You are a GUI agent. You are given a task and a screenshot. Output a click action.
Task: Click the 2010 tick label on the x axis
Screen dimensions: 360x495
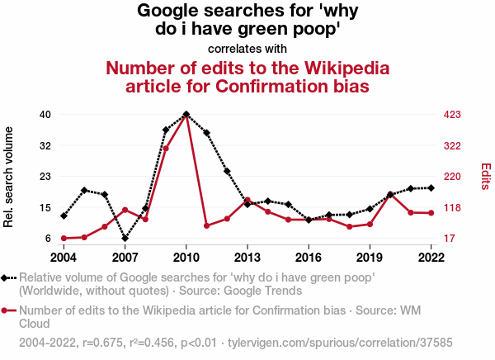186,256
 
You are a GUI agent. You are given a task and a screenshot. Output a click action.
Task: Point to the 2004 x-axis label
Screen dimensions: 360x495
64,256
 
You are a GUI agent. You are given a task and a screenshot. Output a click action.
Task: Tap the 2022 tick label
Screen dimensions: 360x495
431,256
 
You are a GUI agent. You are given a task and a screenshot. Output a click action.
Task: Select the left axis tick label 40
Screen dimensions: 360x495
45,114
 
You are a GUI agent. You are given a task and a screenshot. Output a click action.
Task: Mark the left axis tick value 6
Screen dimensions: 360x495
48,239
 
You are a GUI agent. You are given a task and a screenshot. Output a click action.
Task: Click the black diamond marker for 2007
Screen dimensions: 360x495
125,238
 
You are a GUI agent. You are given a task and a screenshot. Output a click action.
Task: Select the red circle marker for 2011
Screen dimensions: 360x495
206,225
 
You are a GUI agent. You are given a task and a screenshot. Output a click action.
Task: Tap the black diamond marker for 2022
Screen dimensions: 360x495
431,188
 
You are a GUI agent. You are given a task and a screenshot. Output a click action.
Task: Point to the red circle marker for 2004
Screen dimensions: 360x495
64,239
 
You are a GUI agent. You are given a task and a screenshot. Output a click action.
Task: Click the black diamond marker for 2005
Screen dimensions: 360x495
84,190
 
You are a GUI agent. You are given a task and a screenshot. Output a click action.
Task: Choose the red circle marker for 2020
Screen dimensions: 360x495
390,194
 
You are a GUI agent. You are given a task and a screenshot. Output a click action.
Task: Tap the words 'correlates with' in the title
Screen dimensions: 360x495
247,48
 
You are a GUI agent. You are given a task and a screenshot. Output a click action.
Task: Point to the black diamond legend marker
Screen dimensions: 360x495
7,278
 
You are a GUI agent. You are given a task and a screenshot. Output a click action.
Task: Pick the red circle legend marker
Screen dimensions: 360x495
7,311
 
